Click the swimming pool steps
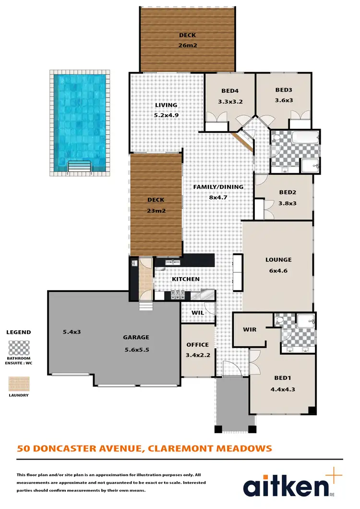[x=80, y=166]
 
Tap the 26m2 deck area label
[x=188, y=46]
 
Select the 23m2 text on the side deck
[x=156, y=210]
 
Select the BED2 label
[x=288, y=192]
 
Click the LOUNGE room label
[x=278, y=260]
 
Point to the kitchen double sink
[x=171, y=263]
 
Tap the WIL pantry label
[x=198, y=313]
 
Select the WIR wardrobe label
[x=250, y=329]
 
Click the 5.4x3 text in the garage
[x=71, y=331]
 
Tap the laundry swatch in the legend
[x=18, y=384]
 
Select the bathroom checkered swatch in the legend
[x=18, y=347]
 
